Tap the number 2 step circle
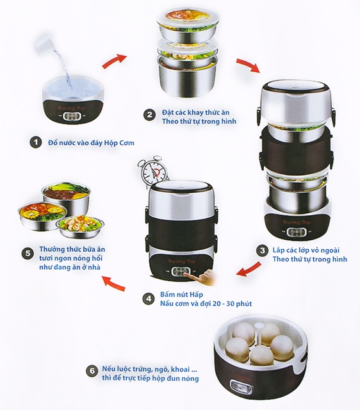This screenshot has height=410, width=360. (149, 115)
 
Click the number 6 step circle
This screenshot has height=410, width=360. (90, 370)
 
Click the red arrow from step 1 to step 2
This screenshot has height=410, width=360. (114, 61)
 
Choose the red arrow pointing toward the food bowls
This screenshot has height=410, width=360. (115, 281)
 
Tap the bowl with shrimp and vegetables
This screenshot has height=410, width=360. (79, 225)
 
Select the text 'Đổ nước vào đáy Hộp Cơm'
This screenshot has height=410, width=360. (88, 142)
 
